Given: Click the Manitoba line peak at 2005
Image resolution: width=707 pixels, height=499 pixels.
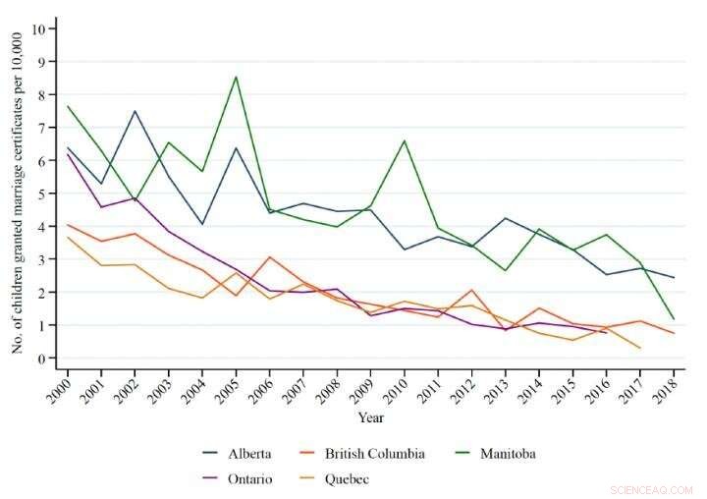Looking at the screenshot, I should point(235,77).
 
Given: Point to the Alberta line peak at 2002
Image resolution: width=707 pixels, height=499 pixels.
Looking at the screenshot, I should point(135,111).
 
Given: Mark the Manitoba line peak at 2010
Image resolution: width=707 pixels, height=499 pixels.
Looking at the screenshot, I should point(403,140).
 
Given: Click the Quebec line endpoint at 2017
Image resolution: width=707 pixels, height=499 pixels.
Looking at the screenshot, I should point(639,348).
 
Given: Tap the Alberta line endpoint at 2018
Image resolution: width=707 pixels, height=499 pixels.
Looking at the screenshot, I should point(674,278).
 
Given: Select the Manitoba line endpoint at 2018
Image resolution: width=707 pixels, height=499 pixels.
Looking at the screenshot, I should point(674,319).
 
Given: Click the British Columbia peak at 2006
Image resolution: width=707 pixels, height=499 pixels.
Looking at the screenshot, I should point(269,256).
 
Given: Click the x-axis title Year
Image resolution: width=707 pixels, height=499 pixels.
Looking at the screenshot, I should point(370,417).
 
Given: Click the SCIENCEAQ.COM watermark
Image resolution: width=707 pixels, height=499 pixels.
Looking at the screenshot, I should point(651,489).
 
